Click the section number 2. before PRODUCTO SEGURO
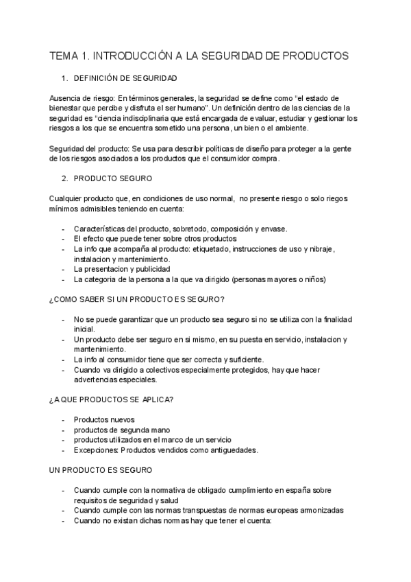65,178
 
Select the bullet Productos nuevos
104,419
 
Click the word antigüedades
227,450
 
